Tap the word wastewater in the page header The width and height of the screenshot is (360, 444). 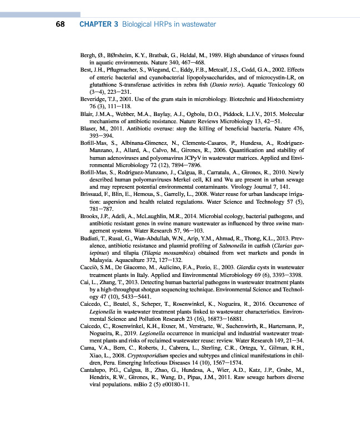click(x=197, y=24)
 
